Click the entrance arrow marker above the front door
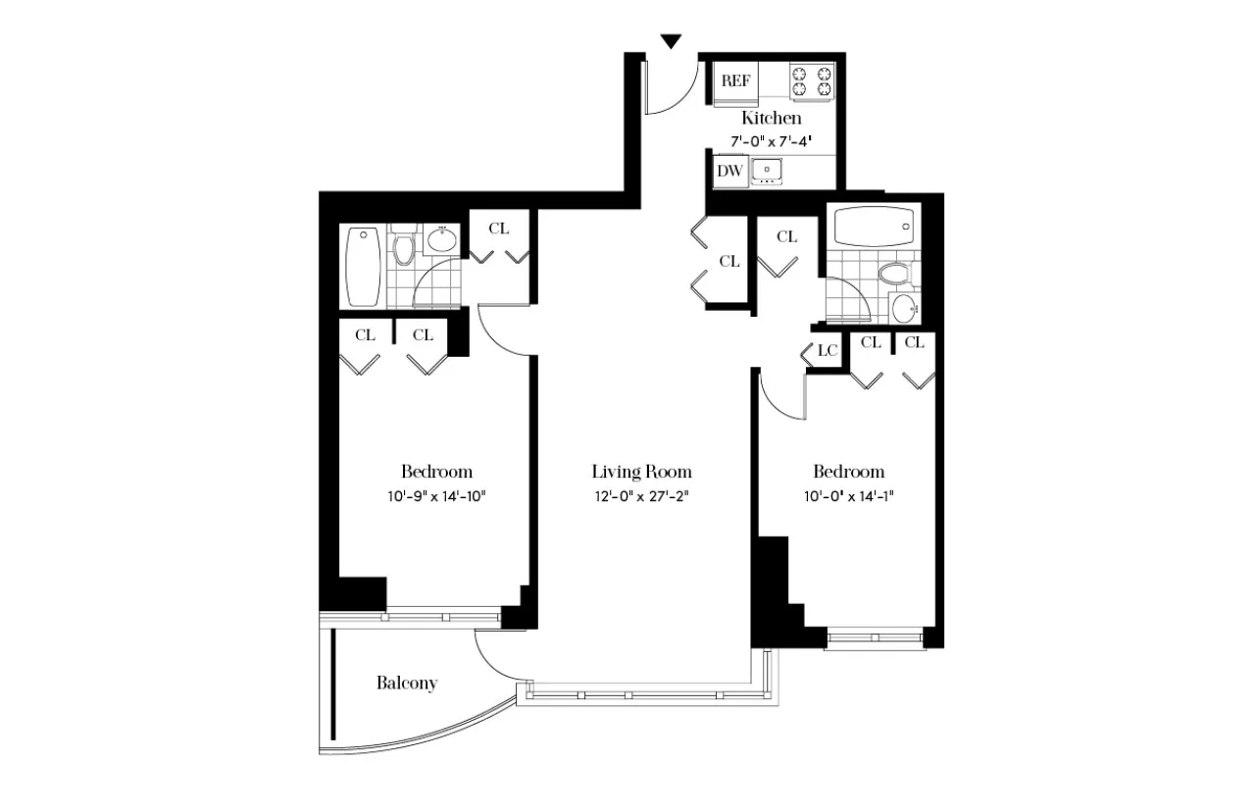click(x=671, y=41)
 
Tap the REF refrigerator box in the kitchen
click(x=735, y=81)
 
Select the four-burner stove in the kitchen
click(x=813, y=81)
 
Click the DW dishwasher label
click(x=728, y=172)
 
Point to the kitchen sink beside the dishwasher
click(x=767, y=171)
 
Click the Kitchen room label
click(x=771, y=118)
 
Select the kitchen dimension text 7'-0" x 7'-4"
click(x=771, y=141)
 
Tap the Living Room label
click(x=641, y=472)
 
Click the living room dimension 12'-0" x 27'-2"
click(x=641, y=496)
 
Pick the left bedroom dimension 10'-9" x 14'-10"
click(x=436, y=496)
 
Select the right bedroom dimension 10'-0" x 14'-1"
click(x=847, y=496)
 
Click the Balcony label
click(x=406, y=684)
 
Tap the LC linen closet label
click(x=827, y=351)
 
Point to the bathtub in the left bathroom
click(x=364, y=268)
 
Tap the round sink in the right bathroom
click(x=904, y=308)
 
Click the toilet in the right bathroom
click(x=894, y=272)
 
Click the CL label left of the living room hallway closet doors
click(x=728, y=261)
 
